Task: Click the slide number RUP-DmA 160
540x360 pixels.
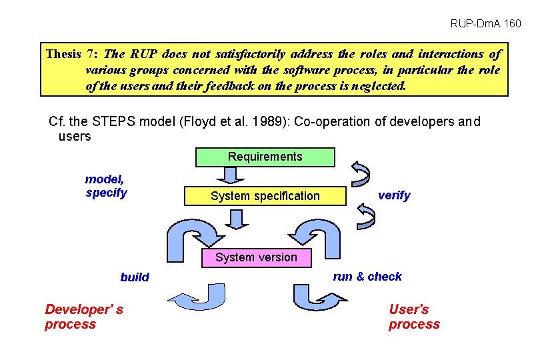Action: [x=485, y=24]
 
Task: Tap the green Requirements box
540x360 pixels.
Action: [x=265, y=157]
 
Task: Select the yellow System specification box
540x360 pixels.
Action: [x=265, y=196]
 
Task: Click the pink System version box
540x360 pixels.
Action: [x=256, y=257]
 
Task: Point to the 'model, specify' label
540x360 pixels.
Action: [x=105, y=186]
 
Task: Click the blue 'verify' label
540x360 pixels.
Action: [x=394, y=195]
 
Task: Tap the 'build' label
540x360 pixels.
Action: [x=135, y=277]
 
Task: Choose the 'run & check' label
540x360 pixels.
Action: [x=367, y=277]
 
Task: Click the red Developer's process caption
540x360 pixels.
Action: [x=83, y=317]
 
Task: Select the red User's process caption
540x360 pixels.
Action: [x=414, y=317]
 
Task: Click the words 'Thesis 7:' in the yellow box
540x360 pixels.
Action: [x=71, y=54]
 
